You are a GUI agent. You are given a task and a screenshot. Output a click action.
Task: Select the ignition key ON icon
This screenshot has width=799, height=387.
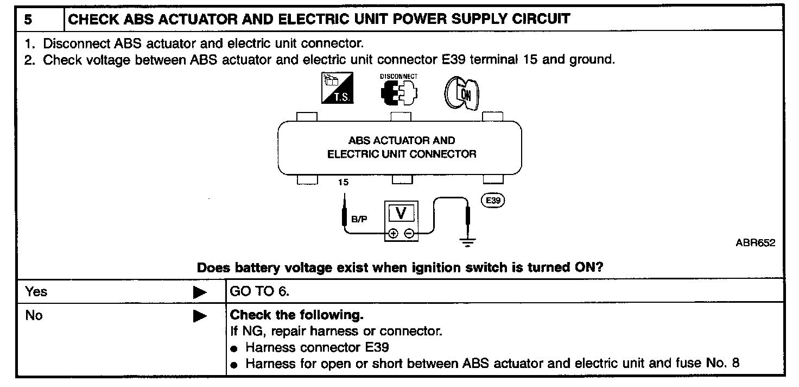click(x=462, y=91)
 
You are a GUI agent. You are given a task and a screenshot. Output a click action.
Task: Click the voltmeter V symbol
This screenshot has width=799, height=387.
click(x=401, y=214)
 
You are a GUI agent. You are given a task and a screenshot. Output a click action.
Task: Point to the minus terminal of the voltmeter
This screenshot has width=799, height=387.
click(x=409, y=234)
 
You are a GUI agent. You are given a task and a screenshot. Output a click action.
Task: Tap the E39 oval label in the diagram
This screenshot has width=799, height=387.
click(x=493, y=200)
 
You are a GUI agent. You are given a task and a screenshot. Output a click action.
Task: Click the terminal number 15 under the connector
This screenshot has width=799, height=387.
click(x=343, y=183)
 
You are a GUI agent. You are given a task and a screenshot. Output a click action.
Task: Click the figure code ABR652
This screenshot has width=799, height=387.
click(x=755, y=243)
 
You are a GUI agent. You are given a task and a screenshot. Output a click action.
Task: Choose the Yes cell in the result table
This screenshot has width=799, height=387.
click(x=36, y=292)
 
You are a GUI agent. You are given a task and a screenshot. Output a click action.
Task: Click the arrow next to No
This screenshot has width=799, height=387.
click(x=200, y=316)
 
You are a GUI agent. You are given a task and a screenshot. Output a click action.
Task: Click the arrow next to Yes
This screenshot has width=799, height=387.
click(x=200, y=292)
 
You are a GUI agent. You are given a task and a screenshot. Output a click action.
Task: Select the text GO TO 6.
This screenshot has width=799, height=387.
click(x=260, y=292)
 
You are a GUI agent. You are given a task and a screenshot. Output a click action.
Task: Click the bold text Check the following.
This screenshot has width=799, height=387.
click(x=297, y=315)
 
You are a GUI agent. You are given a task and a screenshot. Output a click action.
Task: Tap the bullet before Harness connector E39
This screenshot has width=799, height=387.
click(x=234, y=348)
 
